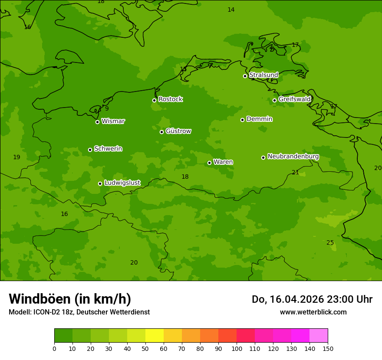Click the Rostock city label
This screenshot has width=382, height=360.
170,99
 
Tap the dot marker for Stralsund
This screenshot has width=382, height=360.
245,76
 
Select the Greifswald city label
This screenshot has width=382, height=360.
295,99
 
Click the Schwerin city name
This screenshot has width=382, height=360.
108,149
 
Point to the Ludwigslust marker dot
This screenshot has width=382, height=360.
100,183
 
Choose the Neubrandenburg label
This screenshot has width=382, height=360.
293,157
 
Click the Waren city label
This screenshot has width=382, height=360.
223,162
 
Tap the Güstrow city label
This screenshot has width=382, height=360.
178,131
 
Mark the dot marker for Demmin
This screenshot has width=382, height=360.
242,120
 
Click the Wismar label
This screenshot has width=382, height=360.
113,121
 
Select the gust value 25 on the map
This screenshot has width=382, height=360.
330,243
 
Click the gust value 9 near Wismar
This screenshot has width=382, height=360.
107,109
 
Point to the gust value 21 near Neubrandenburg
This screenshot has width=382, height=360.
295,173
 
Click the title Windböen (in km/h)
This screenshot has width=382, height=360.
70,299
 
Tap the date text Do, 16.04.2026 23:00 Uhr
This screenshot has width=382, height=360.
312,299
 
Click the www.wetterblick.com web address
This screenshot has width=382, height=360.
313,312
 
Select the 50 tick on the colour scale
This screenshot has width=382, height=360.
145,348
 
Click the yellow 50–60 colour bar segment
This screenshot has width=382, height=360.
155,336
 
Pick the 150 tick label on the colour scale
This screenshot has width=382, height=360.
328,348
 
